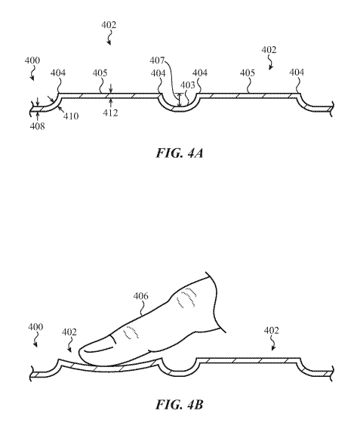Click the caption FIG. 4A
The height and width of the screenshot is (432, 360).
pyautogui.click(x=180, y=153)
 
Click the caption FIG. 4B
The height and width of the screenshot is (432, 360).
pyautogui.click(x=180, y=405)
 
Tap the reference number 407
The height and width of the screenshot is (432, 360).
pyautogui.click(x=157, y=60)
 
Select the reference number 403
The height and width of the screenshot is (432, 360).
pyautogui.click(x=188, y=85)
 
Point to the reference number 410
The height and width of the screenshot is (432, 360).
pyautogui.click(x=71, y=116)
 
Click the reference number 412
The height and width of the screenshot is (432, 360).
pyautogui.click(x=110, y=113)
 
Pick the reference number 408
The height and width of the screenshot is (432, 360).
pyautogui.click(x=38, y=126)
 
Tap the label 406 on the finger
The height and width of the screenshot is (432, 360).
pyautogui.click(x=141, y=296)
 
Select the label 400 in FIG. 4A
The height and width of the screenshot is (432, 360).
pyautogui.click(x=32, y=60)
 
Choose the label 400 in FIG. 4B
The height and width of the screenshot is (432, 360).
pyautogui.click(x=35, y=327)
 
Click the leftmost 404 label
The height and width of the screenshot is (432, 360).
pyautogui.click(x=58, y=73)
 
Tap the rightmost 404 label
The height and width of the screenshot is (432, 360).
pyautogui.click(x=297, y=73)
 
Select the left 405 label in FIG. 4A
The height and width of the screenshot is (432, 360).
pyautogui.click(x=100, y=73)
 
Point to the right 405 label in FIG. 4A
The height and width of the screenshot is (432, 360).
pyautogui.click(x=248, y=73)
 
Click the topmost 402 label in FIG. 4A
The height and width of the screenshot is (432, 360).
pyautogui.click(x=109, y=25)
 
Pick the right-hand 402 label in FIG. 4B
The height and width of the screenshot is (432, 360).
pyautogui.click(x=272, y=330)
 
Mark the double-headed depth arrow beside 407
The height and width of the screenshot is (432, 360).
pyautogui.click(x=180, y=100)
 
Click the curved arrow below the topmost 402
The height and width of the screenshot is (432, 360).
pyautogui.click(x=110, y=38)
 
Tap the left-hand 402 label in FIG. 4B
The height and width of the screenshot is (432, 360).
pyautogui.click(x=69, y=332)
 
